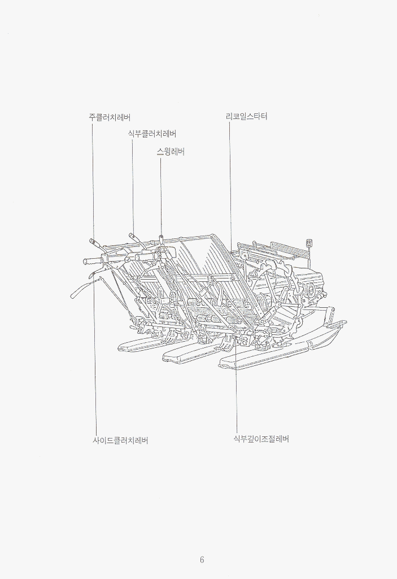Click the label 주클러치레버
pos(109,117)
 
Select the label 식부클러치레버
pos(152,134)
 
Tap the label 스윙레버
pos(171,152)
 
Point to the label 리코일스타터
pos(246,116)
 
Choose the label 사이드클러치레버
pos(120,440)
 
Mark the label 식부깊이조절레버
pos(261,439)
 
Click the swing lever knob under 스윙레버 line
pos(162,238)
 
